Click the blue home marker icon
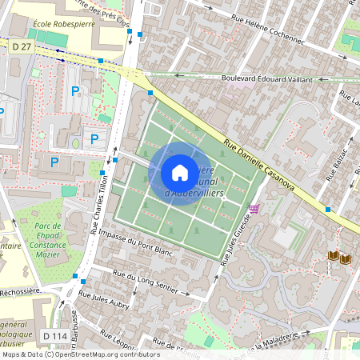pos(180,173)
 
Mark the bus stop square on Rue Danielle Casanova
pos(328,210)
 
